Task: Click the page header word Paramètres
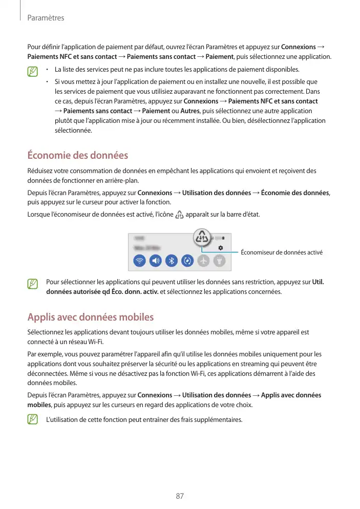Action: [46, 18]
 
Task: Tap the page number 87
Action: [180, 496]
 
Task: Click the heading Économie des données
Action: [77, 155]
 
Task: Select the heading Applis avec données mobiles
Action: [90, 317]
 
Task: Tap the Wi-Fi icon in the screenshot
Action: [139, 260]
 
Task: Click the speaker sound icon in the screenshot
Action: [156, 260]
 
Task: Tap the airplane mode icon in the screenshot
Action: [203, 260]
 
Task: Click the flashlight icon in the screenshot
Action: [219, 260]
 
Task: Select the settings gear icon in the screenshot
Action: [220, 247]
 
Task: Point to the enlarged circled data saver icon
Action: [203, 238]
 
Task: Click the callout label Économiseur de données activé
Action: [281, 252]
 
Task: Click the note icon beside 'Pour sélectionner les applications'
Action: [33, 283]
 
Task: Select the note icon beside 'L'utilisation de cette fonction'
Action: [33, 420]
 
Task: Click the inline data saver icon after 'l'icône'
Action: [179, 216]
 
